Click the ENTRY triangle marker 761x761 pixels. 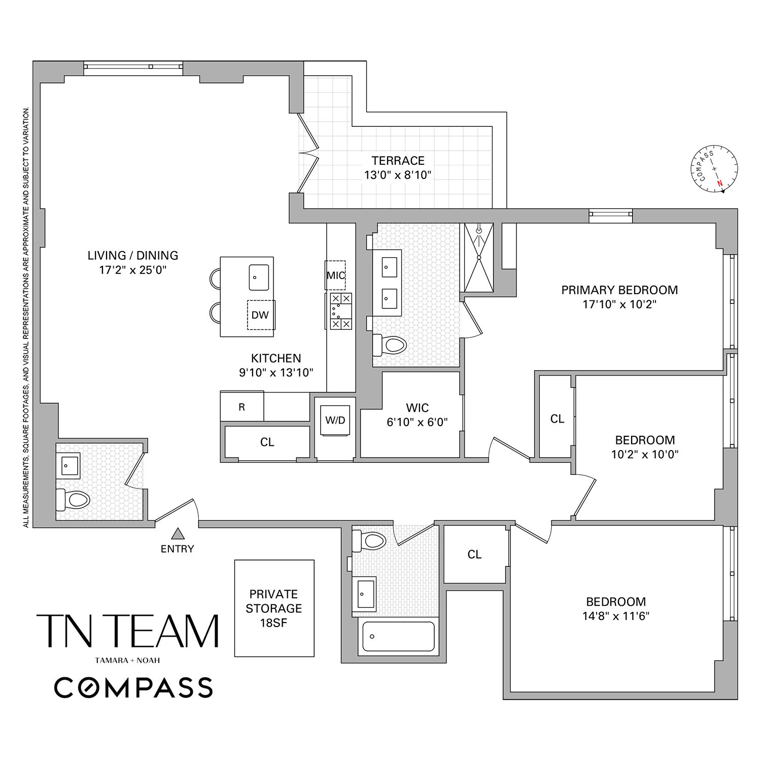click(x=177, y=533)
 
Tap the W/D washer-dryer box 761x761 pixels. click(x=335, y=421)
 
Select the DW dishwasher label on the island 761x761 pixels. click(x=260, y=315)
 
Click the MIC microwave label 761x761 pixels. click(x=335, y=275)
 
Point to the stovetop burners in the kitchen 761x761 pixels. click(x=340, y=311)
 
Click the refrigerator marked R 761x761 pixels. click(x=242, y=407)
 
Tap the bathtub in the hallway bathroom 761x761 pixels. click(x=398, y=636)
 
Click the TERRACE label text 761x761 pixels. click(x=398, y=161)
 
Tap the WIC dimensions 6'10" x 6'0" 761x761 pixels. click(x=417, y=422)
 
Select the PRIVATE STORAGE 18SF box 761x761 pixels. click(x=274, y=608)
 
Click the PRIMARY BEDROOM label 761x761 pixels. click(x=619, y=290)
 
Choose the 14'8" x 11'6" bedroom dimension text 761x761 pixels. click(x=616, y=616)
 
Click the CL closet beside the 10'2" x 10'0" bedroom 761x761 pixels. click(x=557, y=419)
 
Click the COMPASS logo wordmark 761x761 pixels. click(x=133, y=687)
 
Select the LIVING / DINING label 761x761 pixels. click(x=133, y=256)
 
